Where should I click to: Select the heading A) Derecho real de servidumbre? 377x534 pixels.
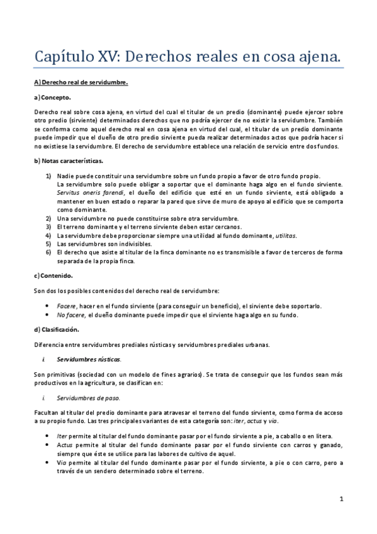tap(81, 82)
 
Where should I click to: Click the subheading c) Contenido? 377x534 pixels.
tap(53, 275)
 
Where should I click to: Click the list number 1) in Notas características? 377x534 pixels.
tap(48, 175)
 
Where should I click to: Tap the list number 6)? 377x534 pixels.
tap(48, 252)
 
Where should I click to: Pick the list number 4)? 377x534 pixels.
tap(48, 235)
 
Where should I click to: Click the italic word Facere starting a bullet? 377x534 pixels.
tap(66, 305)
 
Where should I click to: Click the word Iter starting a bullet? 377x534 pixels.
tap(61, 436)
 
